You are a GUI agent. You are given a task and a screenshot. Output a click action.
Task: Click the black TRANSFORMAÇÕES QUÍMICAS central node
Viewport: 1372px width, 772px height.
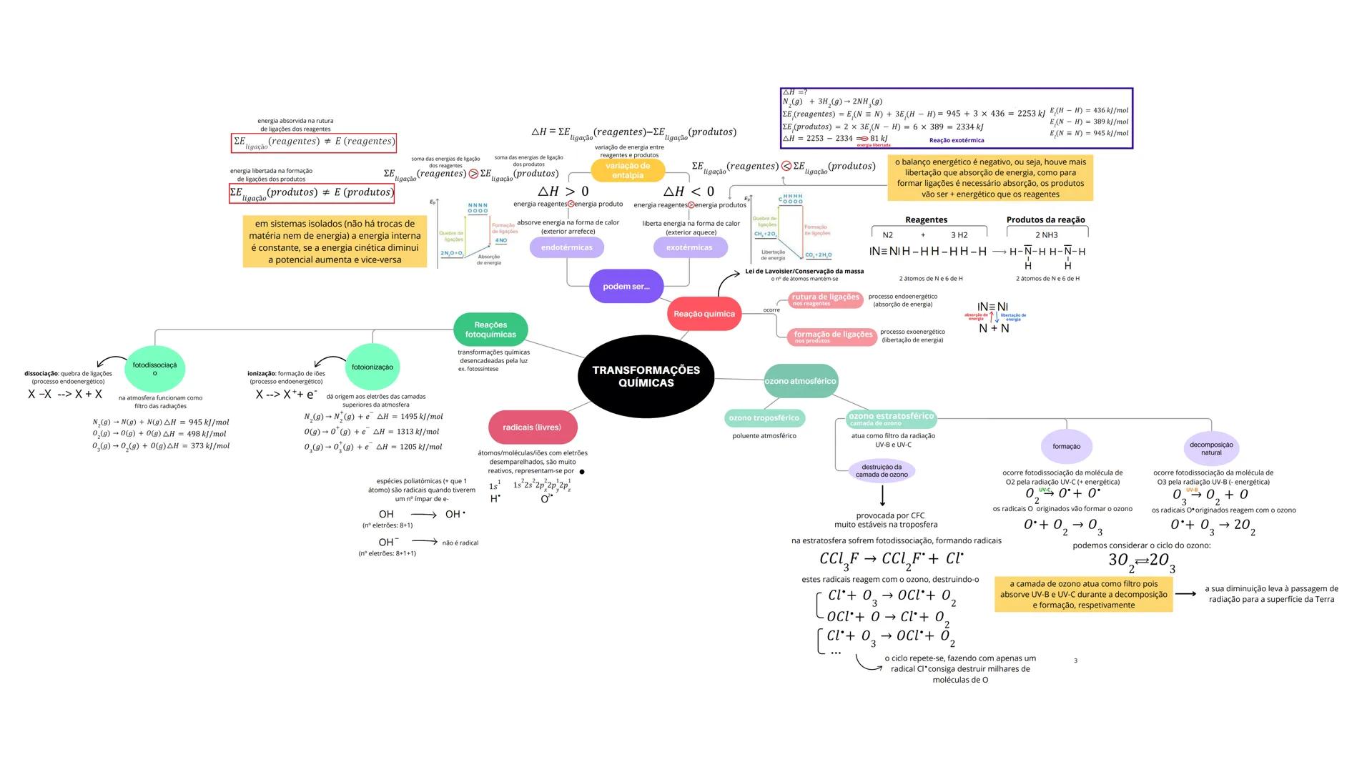pos(646,377)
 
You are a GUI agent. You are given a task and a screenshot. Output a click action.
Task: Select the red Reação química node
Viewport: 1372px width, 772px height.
pos(704,315)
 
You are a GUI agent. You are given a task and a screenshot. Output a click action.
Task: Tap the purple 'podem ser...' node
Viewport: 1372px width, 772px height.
pos(626,287)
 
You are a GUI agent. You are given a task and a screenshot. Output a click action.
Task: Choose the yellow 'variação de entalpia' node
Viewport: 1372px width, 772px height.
pos(628,170)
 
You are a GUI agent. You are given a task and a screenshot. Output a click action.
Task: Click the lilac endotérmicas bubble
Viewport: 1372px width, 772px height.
pos(567,247)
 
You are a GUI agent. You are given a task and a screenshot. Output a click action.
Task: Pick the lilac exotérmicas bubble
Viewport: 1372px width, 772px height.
pos(689,247)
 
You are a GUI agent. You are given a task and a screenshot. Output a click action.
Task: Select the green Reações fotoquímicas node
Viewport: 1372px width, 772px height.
pos(490,330)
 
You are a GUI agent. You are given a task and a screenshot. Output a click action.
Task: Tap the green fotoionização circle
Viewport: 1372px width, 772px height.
pos(372,367)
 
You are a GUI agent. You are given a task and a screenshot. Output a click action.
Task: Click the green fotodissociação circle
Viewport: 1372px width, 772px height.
pos(154,369)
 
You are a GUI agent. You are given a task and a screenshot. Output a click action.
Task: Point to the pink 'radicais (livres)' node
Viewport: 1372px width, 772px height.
pos(532,427)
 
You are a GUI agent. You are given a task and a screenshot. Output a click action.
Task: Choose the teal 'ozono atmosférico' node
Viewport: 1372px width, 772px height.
pos(801,381)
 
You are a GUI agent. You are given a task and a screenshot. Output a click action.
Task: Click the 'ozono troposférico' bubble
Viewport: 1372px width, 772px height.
pos(764,418)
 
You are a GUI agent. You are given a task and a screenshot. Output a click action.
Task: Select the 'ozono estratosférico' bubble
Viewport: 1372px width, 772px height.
pos(891,418)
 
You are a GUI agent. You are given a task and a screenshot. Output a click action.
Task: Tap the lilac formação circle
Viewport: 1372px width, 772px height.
pos(1066,447)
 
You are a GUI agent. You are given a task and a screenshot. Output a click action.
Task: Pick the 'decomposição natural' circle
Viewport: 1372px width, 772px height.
pos(1211,448)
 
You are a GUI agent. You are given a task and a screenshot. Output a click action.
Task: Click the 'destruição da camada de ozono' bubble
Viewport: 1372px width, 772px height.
pos(882,471)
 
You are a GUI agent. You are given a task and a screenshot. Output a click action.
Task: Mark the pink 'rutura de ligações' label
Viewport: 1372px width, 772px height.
pos(825,300)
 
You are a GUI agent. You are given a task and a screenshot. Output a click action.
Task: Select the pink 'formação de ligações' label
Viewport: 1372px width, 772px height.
pos(833,337)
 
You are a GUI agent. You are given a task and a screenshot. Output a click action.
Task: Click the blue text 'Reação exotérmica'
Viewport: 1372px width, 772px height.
pos(957,141)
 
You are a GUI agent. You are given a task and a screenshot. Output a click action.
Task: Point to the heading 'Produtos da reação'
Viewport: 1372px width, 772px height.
pos(1045,220)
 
